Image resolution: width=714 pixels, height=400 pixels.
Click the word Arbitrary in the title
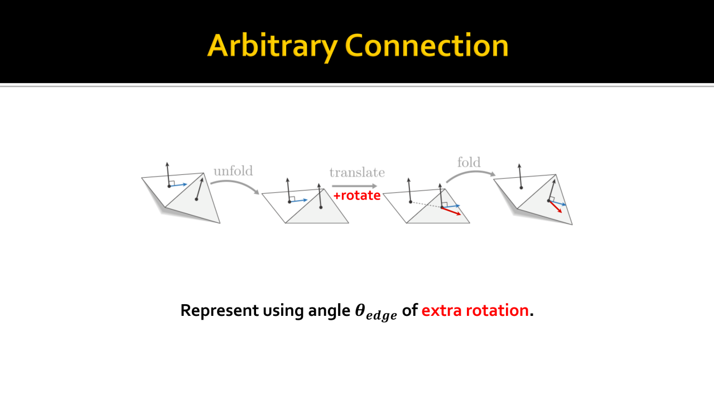tap(273, 46)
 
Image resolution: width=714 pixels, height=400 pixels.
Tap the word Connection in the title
tap(427, 45)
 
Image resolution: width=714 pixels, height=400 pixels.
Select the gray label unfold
tap(233, 171)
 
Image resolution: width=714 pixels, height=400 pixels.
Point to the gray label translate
tap(357, 173)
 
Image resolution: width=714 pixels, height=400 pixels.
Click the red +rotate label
tap(356, 196)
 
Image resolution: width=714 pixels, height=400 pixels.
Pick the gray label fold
tap(469, 162)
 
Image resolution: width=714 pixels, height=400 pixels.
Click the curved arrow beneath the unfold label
tap(235, 183)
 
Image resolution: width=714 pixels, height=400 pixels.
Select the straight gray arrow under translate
tap(354, 186)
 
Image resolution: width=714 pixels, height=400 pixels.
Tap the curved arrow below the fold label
tap(470, 174)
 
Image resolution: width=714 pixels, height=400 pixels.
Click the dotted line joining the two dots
tap(426, 205)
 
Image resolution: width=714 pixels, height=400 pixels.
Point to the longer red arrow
tap(451, 211)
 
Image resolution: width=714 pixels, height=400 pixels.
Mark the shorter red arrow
tap(555, 207)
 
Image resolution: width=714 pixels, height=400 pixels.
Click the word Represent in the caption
tap(220, 310)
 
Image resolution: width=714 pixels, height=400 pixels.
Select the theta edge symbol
tap(376, 312)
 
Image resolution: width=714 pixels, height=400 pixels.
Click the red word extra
tap(441, 310)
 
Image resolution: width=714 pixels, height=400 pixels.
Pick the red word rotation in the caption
tap(497, 310)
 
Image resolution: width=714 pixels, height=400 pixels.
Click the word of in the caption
tap(409, 310)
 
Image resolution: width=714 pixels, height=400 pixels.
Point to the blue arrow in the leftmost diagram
tap(178, 185)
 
